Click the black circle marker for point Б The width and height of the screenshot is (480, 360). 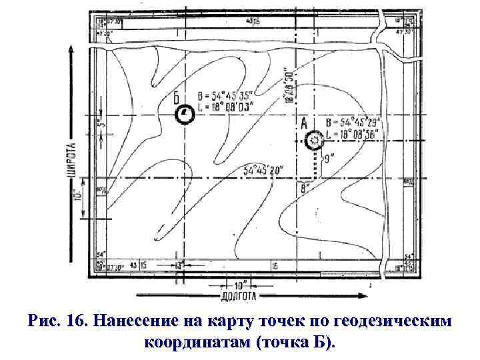pyautogui.click(x=185, y=116)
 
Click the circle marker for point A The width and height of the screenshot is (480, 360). pyautogui.click(x=314, y=139)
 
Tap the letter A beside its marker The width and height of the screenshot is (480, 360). pyautogui.click(x=305, y=123)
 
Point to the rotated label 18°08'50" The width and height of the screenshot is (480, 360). pyautogui.click(x=289, y=84)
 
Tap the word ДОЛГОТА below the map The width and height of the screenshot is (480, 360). pyautogui.click(x=238, y=294)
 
